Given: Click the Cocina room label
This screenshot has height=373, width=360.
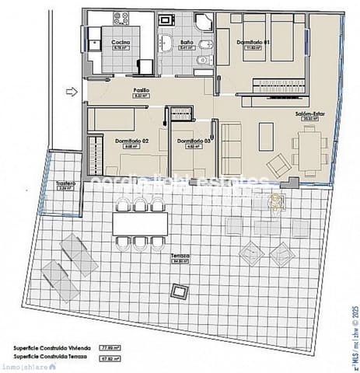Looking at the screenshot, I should [121, 42].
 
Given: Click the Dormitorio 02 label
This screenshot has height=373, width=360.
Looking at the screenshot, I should [131, 141].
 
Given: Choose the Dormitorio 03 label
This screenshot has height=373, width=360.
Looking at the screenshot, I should [190, 141].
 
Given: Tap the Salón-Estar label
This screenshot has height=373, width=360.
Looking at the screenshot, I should [309, 113].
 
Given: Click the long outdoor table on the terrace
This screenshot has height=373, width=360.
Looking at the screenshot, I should [140, 224].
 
